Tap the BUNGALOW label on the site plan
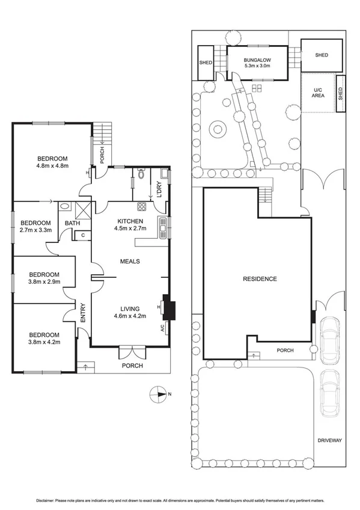(x=258, y=60)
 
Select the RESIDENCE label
(x=260, y=278)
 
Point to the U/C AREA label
(x=318, y=92)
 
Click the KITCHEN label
(x=129, y=221)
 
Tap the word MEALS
(x=130, y=262)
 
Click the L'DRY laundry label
(x=159, y=189)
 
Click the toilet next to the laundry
(x=140, y=174)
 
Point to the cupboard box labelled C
(x=82, y=235)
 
